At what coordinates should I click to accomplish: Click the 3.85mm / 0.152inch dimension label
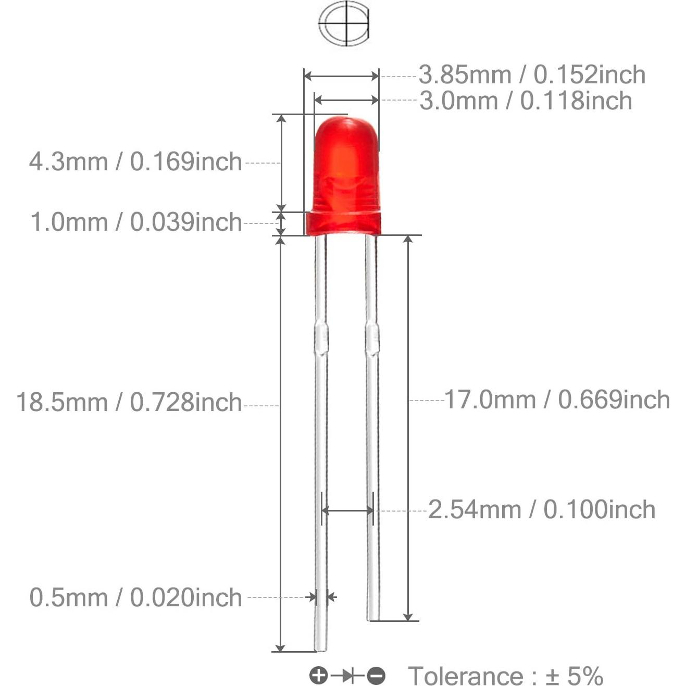tap(532, 75)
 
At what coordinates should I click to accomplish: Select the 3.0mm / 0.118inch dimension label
tap(526, 101)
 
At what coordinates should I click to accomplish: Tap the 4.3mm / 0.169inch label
tap(135, 162)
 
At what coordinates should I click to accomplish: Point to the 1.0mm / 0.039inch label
tap(136, 222)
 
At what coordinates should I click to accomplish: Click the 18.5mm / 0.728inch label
tap(129, 403)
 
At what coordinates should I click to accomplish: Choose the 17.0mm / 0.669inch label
tap(557, 400)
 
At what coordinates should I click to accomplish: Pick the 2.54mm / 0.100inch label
tap(542, 509)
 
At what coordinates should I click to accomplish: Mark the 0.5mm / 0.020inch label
tap(135, 597)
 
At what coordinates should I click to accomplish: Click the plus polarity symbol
tap(318, 676)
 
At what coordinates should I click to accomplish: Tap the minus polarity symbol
tap(376, 676)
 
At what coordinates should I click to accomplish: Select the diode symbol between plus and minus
tap(347, 676)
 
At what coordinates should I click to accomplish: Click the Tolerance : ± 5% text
tap(505, 676)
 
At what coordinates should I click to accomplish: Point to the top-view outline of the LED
tap(344, 23)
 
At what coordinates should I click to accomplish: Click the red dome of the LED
tap(346, 156)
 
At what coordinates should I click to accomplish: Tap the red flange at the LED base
tap(343, 223)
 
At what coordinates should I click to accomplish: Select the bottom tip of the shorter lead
tap(373, 617)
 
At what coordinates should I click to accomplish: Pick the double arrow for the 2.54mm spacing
tap(347, 510)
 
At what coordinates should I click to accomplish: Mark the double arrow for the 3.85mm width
tap(341, 77)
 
